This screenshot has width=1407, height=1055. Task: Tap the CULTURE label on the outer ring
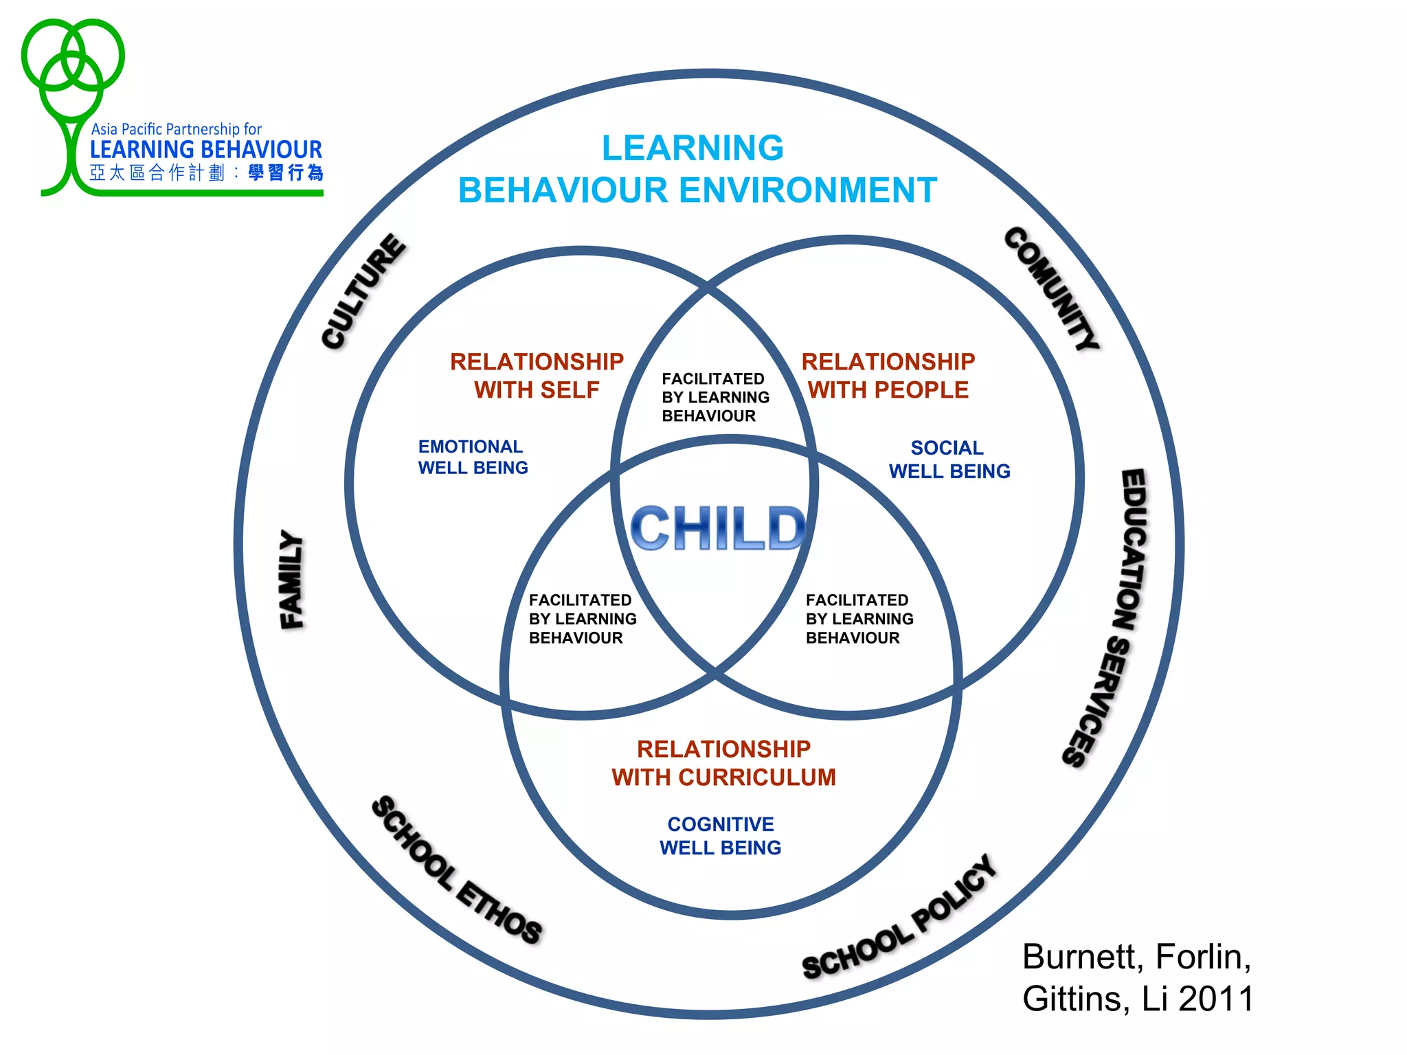tap(364, 291)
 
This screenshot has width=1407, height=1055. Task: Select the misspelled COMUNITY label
tap(1051, 288)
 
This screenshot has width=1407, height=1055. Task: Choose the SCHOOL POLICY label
tap(900, 917)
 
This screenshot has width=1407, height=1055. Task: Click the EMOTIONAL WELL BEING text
tap(473, 457)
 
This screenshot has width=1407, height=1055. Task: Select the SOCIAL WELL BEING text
tap(949, 460)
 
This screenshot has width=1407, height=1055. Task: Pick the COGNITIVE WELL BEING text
tap(720, 836)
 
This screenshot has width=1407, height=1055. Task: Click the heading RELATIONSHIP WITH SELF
tap(537, 376)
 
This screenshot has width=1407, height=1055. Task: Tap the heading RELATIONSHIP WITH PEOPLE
tap(888, 376)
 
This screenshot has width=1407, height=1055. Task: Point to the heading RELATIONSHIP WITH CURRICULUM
tap(723, 763)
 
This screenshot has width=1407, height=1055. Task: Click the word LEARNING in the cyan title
tap(693, 148)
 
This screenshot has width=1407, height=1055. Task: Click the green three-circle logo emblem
tap(72, 69)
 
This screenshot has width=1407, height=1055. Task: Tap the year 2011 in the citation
tap(1216, 999)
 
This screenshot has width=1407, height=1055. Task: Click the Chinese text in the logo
tap(206, 173)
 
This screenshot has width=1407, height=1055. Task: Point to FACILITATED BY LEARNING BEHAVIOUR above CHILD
tap(714, 397)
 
